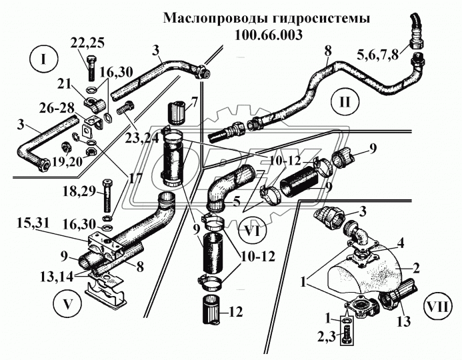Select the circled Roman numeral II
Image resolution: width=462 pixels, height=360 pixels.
[345, 102]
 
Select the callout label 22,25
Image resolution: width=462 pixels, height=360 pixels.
[87, 43]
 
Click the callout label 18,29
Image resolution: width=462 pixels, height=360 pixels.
[79, 191]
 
